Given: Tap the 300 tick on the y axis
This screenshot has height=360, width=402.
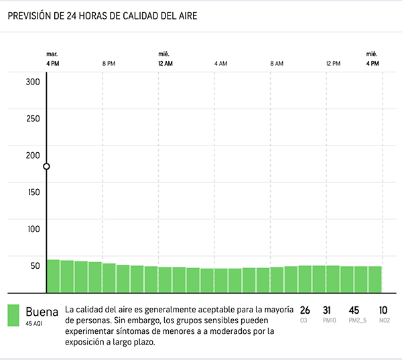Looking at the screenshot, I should tap(33, 82).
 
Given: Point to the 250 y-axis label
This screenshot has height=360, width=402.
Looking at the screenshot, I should tap(33, 119).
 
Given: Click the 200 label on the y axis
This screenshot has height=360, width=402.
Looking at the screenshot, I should tap(33, 156).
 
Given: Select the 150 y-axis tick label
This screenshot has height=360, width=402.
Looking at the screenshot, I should tap(33, 192).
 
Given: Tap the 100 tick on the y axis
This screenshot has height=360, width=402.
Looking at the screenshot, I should tap(33, 229).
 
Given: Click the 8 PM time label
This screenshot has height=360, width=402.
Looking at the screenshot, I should tap(109, 63).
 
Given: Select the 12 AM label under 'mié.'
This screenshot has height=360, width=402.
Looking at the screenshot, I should tap(165, 63).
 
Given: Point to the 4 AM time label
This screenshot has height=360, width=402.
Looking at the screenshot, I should tap(220, 63).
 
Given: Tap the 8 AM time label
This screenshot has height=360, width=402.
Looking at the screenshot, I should tap(277, 63).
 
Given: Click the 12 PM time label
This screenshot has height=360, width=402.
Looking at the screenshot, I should tap(333, 63).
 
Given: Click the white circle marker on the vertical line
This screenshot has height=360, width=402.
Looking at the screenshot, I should tap(46, 166).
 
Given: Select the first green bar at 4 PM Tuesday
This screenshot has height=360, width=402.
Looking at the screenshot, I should tap(53, 276).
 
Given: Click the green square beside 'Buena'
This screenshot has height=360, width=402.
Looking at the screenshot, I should tap(13, 316).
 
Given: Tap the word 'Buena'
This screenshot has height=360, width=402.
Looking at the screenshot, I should tap(42, 312).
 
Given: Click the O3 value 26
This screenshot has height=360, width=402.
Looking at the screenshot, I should tap(305, 310).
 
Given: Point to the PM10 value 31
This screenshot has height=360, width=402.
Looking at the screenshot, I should tap(327, 310).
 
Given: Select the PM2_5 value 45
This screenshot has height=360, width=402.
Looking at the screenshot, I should tap(354, 310).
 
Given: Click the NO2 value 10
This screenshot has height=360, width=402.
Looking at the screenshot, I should tap(383, 310).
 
